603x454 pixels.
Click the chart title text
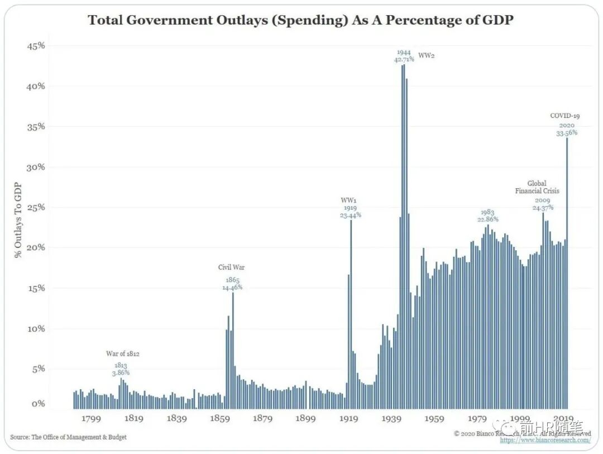300,20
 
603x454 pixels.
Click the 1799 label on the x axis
91,418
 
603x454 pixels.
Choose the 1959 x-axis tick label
434,418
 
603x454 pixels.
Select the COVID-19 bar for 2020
567,274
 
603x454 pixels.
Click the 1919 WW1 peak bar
351,313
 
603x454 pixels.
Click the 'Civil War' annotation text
231,267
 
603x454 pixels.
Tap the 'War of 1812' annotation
123,353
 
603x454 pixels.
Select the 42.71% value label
404,59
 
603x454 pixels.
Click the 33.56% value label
566,133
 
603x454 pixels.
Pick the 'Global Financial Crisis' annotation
537,187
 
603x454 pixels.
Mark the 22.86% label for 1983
488,219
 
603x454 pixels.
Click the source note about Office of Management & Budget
68,437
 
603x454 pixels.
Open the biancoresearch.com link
545,440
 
